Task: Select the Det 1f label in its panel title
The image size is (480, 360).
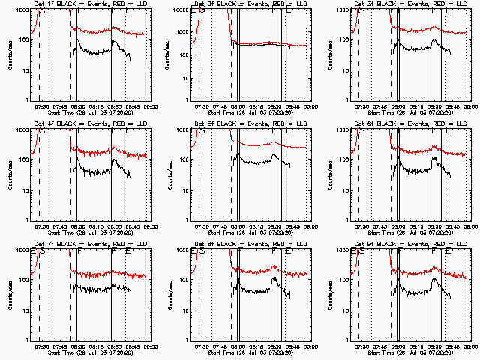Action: [43, 4]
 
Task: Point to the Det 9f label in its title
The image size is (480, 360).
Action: [364, 244]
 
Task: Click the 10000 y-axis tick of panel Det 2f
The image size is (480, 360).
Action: [181, 10]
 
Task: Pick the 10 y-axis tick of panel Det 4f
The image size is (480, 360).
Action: [25, 190]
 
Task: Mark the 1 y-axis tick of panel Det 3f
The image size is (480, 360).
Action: [346, 100]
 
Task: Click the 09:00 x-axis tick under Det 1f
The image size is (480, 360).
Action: [151, 106]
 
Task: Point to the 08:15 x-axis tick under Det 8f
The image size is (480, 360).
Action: [256, 346]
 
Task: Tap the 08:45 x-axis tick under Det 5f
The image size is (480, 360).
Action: [292, 226]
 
